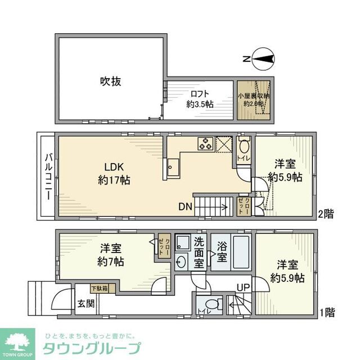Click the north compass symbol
[x=262, y=58]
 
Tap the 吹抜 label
[x=111, y=82]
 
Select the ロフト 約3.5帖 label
[x=200, y=99]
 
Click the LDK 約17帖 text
[x=111, y=173]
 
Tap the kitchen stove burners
[x=205, y=143]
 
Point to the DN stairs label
[x=186, y=207]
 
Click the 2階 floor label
[x=325, y=213]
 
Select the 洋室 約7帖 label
[x=111, y=255]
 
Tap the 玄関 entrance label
[x=86, y=303]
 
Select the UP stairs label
[x=243, y=288]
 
